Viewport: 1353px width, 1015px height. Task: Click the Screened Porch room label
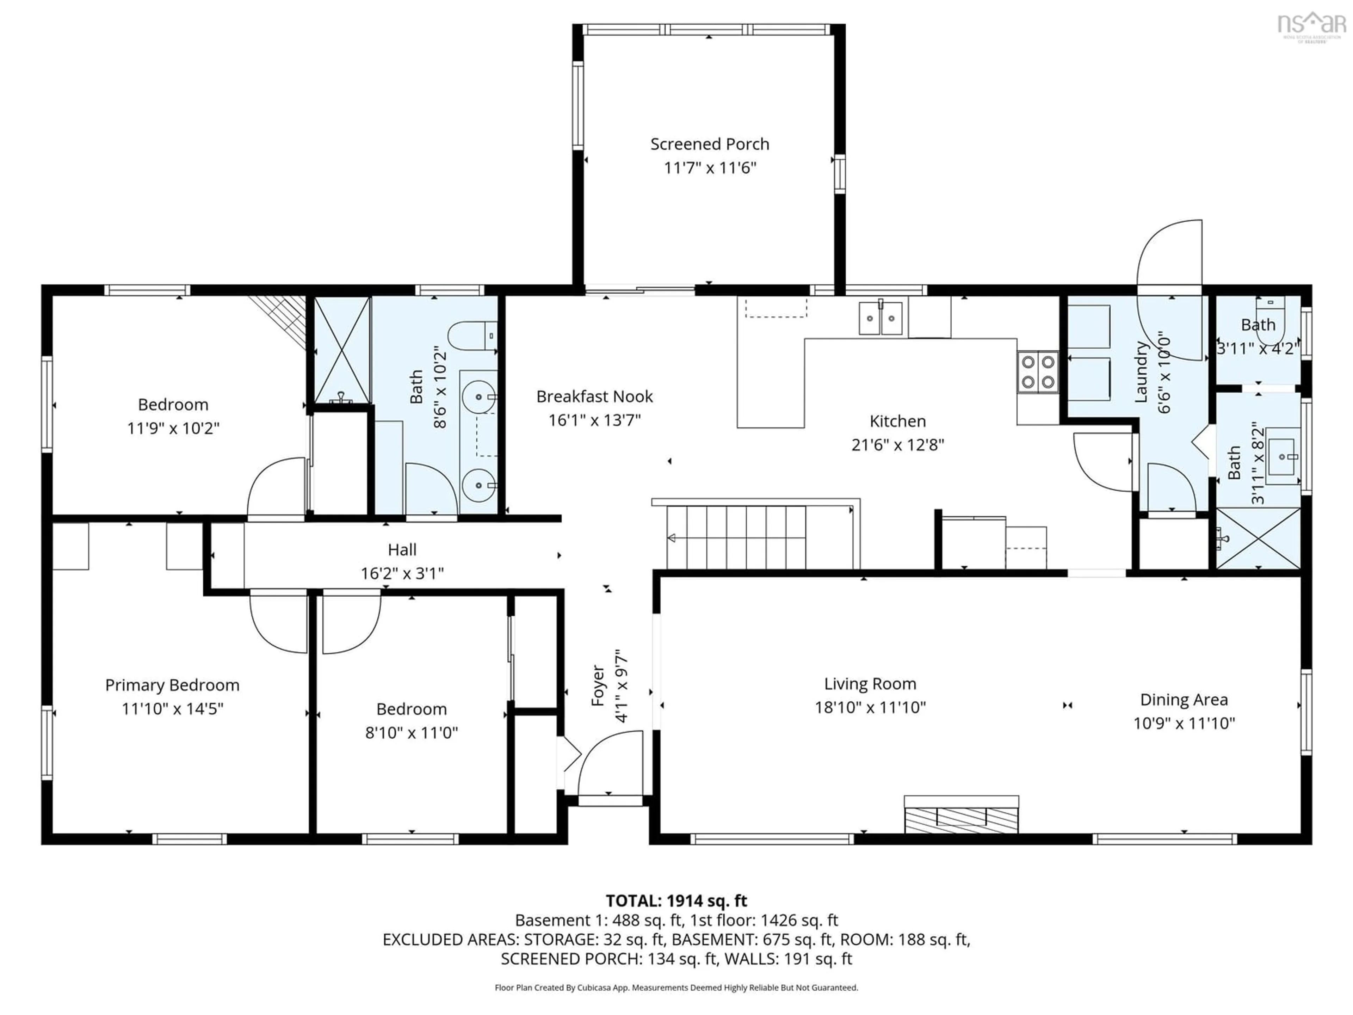click(x=710, y=144)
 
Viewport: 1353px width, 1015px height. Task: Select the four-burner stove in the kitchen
click(x=1038, y=372)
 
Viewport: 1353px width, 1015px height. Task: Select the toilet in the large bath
click(x=472, y=336)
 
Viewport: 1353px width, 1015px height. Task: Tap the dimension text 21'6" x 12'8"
click(x=897, y=445)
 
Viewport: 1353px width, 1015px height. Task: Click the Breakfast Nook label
click(x=594, y=396)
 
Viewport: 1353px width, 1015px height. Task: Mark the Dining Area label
click(x=1184, y=699)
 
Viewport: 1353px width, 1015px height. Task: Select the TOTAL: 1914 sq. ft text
click(x=676, y=900)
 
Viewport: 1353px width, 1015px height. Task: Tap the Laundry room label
click(x=1141, y=371)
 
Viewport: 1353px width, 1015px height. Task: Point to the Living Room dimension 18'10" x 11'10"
click(x=870, y=707)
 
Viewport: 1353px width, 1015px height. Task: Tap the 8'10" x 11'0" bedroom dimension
click(x=411, y=732)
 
